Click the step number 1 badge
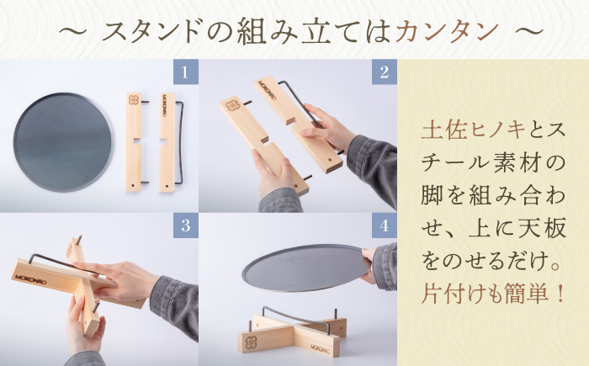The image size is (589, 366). (x=185, y=72)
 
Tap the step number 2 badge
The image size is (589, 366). (x=384, y=72)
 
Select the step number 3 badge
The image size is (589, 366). (x=185, y=225)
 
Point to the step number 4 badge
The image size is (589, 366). (x=384, y=225)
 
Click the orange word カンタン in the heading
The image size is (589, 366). (x=446, y=31)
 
